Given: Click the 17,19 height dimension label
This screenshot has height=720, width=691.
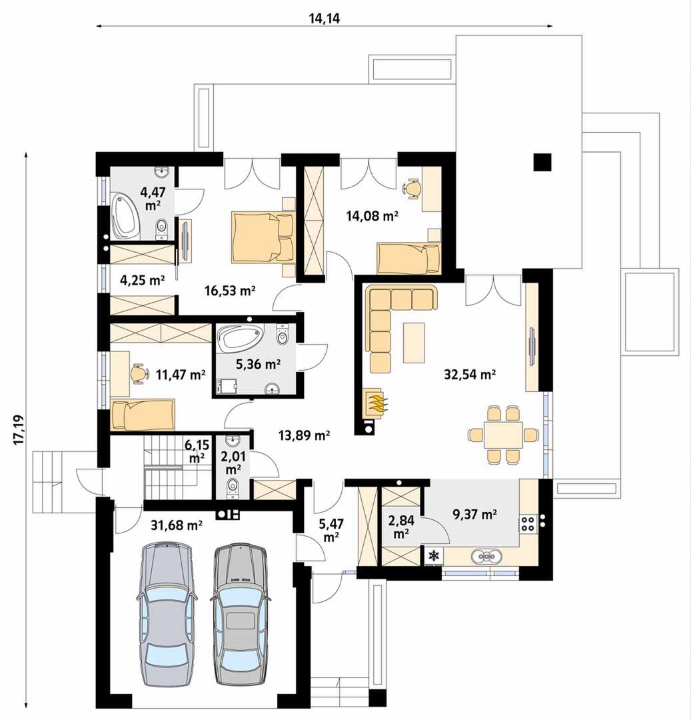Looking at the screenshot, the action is (19, 429).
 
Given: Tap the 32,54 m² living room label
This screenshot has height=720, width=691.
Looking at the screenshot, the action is (469, 374).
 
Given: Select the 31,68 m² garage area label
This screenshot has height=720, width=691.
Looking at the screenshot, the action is (177, 525).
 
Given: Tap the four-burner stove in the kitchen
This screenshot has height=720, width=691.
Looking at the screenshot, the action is (528, 523).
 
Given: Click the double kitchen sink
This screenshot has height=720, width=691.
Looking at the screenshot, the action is (484, 557).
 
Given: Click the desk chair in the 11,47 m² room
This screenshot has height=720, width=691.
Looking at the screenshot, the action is (139, 373).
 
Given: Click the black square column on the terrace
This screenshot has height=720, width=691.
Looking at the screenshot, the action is (542, 161).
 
